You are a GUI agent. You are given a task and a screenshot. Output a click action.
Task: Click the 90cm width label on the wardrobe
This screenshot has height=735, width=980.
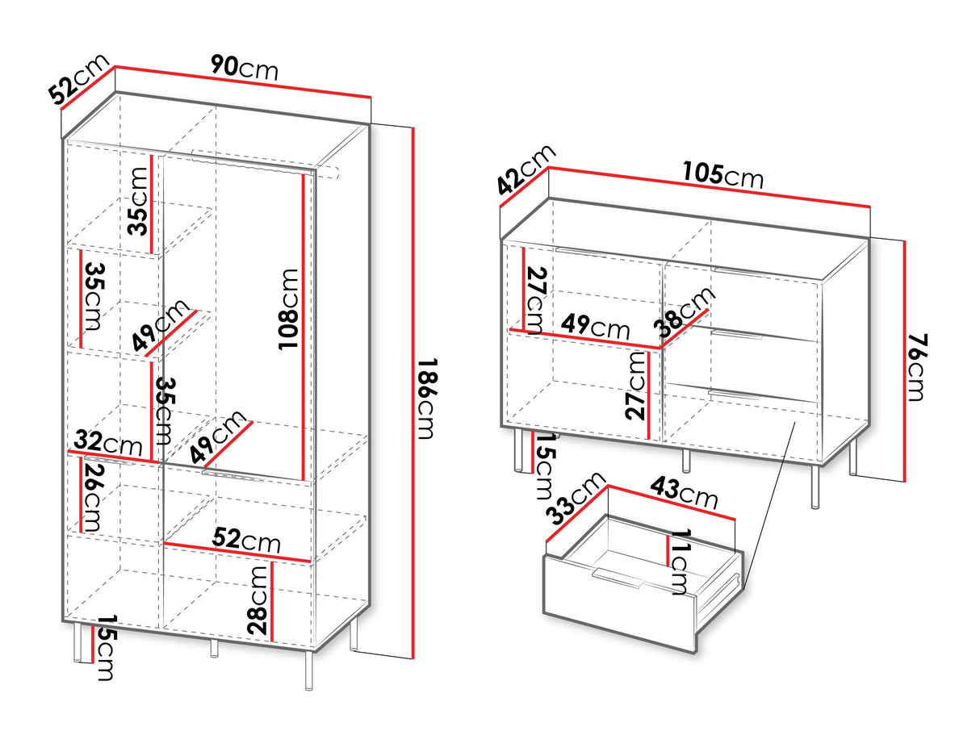(x=245, y=68)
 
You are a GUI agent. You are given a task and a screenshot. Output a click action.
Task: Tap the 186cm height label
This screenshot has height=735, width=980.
(x=426, y=399)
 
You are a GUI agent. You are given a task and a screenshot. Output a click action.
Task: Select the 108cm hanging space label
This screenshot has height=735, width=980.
(x=287, y=309)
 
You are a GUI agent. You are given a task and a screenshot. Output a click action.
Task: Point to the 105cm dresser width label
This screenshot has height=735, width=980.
(x=722, y=175)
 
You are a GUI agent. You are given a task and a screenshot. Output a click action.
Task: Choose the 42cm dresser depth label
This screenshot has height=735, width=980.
(x=526, y=170)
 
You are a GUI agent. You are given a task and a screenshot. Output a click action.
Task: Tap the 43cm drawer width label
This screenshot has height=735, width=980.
(x=684, y=493)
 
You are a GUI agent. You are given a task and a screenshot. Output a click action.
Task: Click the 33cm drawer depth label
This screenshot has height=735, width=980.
(x=576, y=498)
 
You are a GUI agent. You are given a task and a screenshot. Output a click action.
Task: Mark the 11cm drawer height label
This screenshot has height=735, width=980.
(x=681, y=562)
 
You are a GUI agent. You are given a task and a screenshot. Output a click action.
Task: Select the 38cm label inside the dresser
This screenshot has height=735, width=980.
(x=684, y=311)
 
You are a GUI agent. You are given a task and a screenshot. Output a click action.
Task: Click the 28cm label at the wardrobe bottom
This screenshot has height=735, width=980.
(x=258, y=600)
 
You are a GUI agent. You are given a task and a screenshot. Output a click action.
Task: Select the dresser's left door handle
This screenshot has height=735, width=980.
(x=581, y=253)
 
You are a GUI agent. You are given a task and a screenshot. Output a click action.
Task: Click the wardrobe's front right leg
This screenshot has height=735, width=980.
(x=308, y=670)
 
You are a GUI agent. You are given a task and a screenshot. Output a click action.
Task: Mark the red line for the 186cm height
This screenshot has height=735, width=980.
(x=413, y=393)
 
